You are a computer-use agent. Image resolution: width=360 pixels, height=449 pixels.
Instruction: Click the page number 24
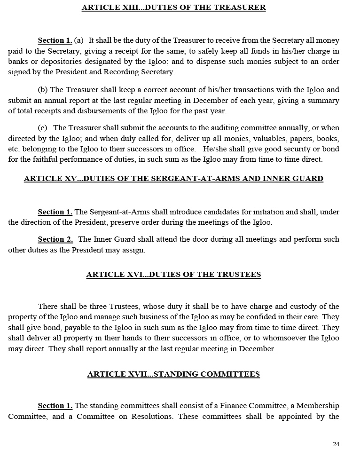(x=336, y=444)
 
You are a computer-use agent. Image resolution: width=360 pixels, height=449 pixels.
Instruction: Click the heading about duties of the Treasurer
(x=173, y=8)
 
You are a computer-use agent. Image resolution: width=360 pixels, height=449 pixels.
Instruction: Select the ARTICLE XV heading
(x=173, y=179)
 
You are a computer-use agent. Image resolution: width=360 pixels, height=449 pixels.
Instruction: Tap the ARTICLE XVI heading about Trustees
(x=173, y=275)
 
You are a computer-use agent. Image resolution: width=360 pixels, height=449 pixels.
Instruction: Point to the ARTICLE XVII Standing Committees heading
(x=173, y=374)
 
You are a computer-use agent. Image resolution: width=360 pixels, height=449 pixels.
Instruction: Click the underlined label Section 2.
(x=55, y=239)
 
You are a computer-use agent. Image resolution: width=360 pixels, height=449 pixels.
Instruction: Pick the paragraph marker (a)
(x=79, y=40)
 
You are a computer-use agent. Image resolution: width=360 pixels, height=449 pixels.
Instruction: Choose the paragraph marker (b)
(x=43, y=90)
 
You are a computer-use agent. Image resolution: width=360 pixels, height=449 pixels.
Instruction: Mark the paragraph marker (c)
(x=43, y=128)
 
